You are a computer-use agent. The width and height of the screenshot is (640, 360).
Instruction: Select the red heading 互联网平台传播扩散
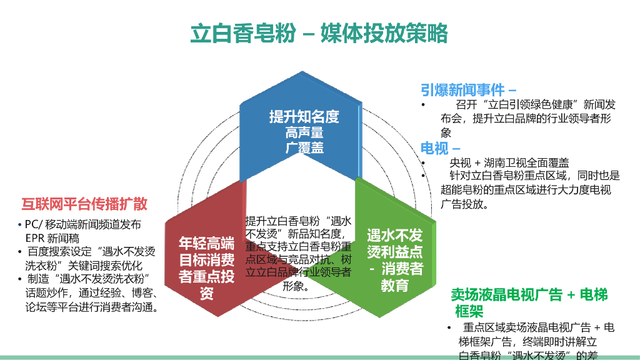point(84,204)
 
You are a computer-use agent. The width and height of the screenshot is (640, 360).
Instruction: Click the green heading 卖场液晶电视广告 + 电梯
point(529,294)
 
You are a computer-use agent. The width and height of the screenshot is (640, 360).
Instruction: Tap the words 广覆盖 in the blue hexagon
point(304,148)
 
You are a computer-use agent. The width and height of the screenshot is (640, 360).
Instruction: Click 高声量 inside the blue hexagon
point(304,132)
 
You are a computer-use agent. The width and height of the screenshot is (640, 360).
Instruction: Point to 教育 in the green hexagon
point(394,286)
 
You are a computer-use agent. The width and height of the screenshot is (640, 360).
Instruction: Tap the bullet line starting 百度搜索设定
point(91,252)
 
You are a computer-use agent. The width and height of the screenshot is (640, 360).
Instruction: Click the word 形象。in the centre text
point(297,287)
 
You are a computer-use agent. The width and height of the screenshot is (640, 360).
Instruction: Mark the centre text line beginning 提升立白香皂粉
point(297,221)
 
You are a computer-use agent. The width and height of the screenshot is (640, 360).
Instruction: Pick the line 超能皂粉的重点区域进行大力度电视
point(526,190)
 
